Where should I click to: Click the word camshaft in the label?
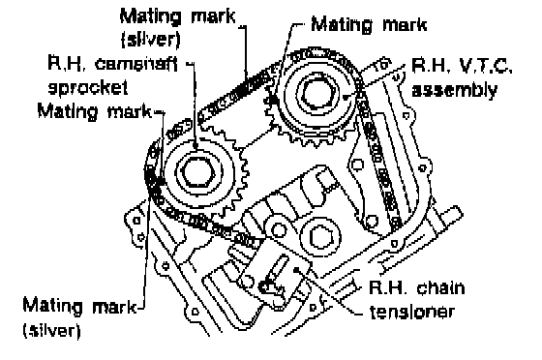pyautogui.click(x=136, y=65)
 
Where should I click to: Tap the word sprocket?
pyautogui.click(x=88, y=88)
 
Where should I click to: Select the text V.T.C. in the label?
pyautogui.click(x=485, y=66)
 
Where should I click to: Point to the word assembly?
pyautogui.click(x=454, y=90)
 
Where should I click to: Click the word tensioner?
pyautogui.click(x=411, y=312)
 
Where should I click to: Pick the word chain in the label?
pyautogui.click(x=440, y=287)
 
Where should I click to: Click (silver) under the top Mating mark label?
pyautogui.click(x=151, y=40)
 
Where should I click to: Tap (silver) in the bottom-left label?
pyautogui.click(x=52, y=330)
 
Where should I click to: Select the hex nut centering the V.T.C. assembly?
pyautogui.click(x=318, y=93)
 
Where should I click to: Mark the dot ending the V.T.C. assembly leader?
pyautogui.click(x=346, y=98)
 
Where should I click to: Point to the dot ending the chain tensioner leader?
pyautogui.click(x=296, y=269)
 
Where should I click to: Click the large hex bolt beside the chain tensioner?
pyautogui.click(x=320, y=237)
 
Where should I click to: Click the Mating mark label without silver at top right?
pyautogui.click(x=369, y=25)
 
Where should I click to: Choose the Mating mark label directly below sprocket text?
pyautogui.click(x=95, y=111)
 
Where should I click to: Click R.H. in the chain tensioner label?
pyautogui.click(x=388, y=287)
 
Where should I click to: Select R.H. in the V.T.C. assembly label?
pyautogui.click(x=431, y=66)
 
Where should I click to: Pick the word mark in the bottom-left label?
pyautogui.click(x=114, y=306)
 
